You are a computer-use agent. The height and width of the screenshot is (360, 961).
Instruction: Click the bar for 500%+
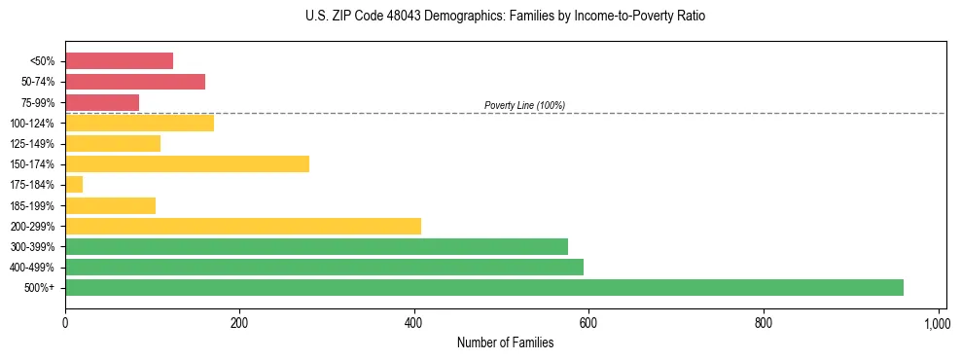tap(483, 287)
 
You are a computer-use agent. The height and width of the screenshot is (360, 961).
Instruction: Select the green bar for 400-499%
tap(324, 267)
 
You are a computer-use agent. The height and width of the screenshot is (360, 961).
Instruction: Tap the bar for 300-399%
tap(316, 246)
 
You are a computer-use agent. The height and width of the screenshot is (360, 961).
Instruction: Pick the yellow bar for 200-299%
tap(243, 226)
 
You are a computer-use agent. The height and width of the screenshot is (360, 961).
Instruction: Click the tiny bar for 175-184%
tap(74, 185)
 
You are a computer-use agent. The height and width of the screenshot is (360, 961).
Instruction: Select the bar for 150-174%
tap(187, 164)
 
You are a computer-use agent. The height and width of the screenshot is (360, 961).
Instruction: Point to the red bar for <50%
tap(119, 61)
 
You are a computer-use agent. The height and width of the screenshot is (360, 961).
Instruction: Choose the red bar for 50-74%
tap(135, 82)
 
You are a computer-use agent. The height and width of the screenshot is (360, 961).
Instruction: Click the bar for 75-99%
tap(102, 102)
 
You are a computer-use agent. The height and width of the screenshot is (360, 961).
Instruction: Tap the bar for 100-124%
tap(139, 123)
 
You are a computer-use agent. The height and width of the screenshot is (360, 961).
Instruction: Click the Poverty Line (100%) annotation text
tap(524, 105)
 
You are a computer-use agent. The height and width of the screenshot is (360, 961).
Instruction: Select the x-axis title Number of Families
tap(505, 342)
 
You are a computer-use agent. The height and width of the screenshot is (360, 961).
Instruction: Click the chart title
tap(505, 17)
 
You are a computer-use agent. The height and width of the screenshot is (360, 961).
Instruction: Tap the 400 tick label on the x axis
tap(414, 323)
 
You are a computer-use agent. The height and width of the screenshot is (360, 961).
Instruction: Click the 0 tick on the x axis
tap(65, 323)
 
